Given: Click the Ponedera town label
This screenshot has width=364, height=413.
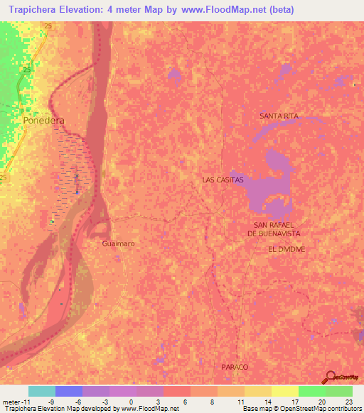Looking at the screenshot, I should click(x=43, y=121).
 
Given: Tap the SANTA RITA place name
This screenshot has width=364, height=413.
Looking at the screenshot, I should click(x=279, y=115).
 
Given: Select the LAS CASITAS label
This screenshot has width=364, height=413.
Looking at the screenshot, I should click(x=223, y=180).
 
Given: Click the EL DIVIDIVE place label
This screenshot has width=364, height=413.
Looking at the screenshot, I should click(x=287, y=250).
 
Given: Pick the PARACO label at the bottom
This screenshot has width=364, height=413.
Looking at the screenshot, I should click(x=234, y=366).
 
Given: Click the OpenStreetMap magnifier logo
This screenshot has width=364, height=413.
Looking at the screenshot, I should click(x=331, y=378).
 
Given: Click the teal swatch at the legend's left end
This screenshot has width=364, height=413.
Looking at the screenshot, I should click(x=41, y=391).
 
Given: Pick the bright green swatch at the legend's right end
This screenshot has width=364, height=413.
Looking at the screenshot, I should click(x=339, y=391).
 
